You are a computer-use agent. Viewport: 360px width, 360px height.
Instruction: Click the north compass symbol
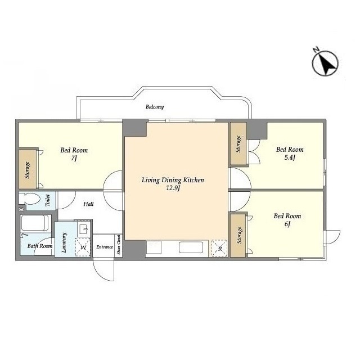coord(325,62)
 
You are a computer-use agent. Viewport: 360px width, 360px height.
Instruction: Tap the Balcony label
coord(155,107)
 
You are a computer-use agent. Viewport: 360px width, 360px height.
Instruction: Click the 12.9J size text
coord(173,188)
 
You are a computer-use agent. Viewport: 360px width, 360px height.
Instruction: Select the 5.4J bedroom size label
coord(290,157)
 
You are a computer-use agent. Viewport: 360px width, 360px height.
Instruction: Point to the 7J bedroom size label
coord(74,158)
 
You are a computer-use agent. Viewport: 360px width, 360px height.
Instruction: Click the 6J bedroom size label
coord(287,224)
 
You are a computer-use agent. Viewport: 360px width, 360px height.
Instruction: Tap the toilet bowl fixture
coord(29,199)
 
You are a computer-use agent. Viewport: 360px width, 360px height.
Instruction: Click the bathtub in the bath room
coord(35,223)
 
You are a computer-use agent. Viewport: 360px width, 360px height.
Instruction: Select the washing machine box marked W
coord(83,247)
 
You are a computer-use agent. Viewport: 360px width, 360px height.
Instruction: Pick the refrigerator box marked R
coord(219,248)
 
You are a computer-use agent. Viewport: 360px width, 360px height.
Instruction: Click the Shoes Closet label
coord(119,245)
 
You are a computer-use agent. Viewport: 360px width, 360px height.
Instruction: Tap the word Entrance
coord(105,247)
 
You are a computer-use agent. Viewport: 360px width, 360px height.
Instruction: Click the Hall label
coord(89,204)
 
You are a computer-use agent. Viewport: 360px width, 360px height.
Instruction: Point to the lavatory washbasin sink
coord(84,229)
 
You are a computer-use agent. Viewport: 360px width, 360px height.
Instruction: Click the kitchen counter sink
coord(191,247)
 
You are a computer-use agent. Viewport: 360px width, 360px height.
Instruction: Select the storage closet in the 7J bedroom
coord(28,169)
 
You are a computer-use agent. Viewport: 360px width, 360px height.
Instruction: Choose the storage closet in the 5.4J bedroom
coord(238,144)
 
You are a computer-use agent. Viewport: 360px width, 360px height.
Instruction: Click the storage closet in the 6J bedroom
coord(238,235)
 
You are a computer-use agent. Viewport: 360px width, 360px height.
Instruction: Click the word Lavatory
coord(64,242)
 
